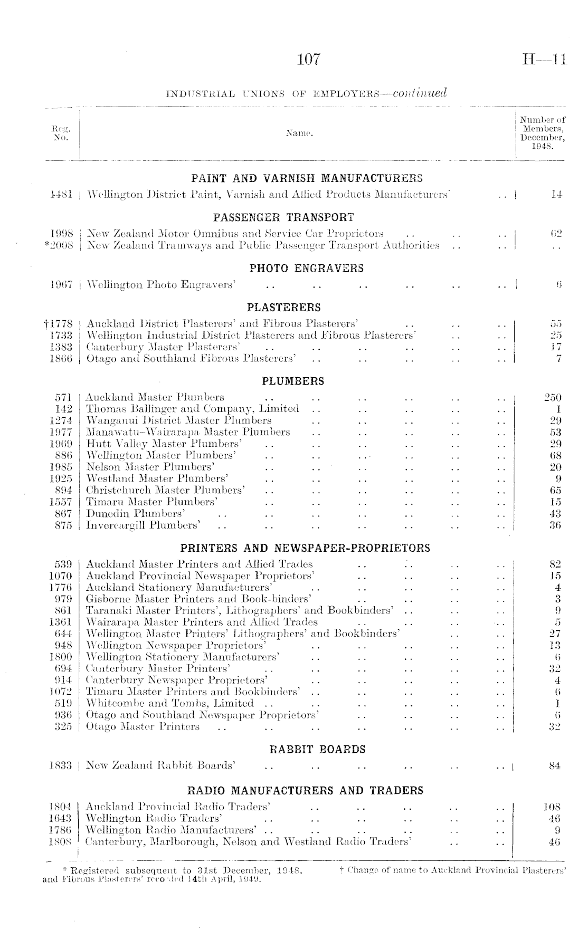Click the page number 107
click(308, 59)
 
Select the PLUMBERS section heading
click(293, 381)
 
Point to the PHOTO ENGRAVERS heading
click(306, 268)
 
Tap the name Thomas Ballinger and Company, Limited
click(193, 409)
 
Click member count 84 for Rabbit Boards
click(554, 765)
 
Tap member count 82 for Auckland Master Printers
click(554, 564)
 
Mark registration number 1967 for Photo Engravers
click(60, 285)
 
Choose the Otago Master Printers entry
click(143, 726)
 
